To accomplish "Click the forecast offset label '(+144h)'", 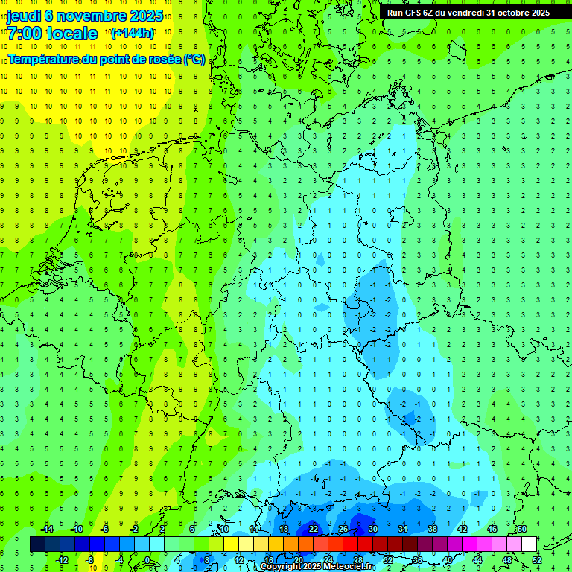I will pyautogui.click(x=133, y=34).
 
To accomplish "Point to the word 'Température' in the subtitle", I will pyautogui.click(x=45, y=59).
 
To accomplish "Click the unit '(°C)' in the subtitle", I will pyautogui.click(x=194, y=59).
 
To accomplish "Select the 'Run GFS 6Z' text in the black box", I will pyautogui.click(x=410, y=13).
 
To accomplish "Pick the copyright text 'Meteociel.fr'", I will pyautogui.click(x=343, y=567).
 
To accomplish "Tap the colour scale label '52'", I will pyautogui.click(x=537, y=560).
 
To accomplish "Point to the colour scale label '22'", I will pyautogui.click(x=314, y=529).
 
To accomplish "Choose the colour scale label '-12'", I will pyautogui.click(x=63, y=560).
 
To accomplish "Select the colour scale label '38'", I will pyautogui.click(x=433, y=529).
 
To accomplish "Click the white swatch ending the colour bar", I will pyautogui.click(x=529, y=544).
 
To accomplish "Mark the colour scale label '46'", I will pyautogui.click(x=492, y=529).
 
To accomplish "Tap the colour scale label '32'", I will pyautogui.click(x=388, y=560).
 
